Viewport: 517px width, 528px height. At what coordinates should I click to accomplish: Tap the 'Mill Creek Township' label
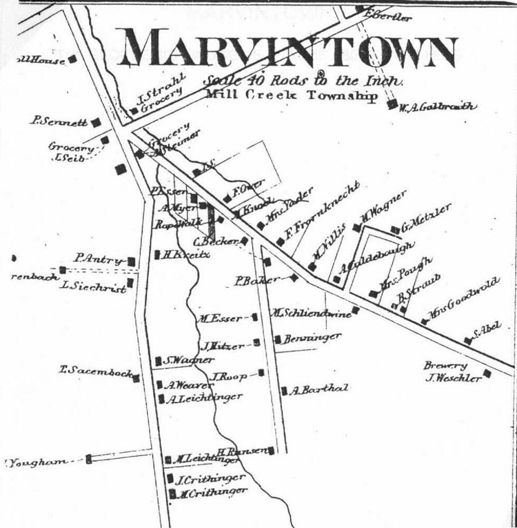click(x=292, y=95)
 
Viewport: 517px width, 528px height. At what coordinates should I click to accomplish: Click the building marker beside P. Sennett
click(x=97, y=122)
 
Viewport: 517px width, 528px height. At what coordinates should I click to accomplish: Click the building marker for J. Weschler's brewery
click(x=487, y=374)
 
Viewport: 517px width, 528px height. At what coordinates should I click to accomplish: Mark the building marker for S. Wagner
click(x=159, y=360)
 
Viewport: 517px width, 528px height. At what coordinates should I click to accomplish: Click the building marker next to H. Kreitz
click(x=158, y=254)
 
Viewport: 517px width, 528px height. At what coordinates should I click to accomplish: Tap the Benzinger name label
click(x=303, y=338)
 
